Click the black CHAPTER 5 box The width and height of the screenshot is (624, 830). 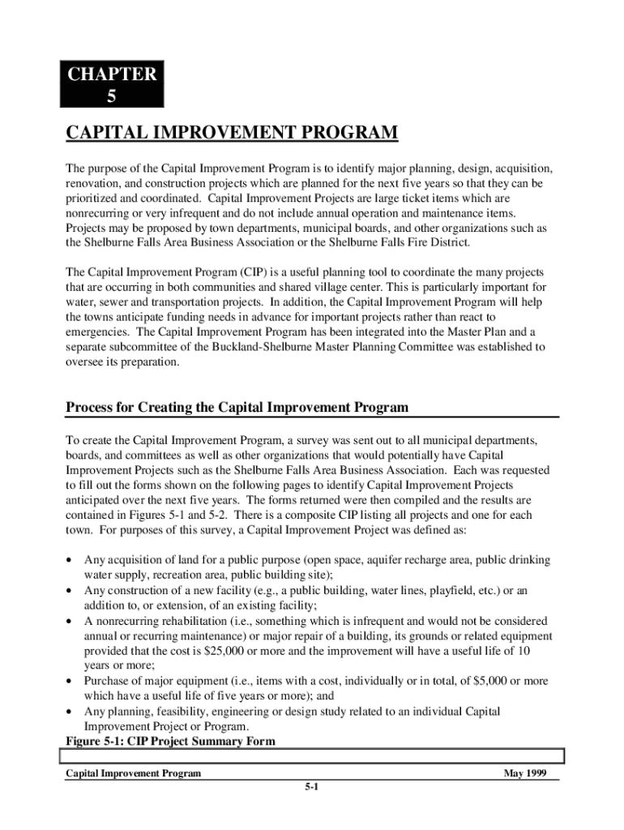point(112,85)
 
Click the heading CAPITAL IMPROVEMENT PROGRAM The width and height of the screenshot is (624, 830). point(231,133)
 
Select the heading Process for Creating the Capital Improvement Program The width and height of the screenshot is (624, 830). point(237,406)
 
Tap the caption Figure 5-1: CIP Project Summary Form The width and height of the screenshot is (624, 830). point(170,741)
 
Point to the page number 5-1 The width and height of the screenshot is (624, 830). point(311,786)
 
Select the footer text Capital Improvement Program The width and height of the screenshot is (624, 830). point(133,773)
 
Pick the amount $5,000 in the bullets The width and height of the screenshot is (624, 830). point(478,681)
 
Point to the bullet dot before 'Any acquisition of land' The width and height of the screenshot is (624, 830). point(72,561)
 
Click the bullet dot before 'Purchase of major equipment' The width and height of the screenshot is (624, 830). point(72,681)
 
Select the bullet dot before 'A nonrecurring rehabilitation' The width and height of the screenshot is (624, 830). point(72,621)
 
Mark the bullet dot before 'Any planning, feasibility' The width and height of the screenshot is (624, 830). point(72,712)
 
